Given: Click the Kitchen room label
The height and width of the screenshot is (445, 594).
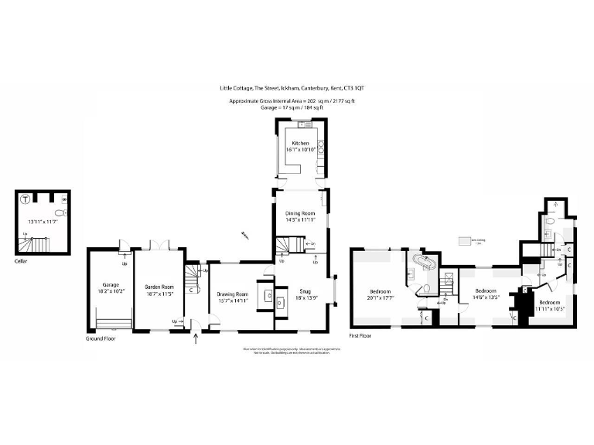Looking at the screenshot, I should coord(300,144).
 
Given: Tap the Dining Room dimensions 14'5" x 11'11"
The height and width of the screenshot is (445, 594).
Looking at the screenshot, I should coord(300,220).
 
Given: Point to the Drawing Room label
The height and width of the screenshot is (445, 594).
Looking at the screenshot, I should coord(233,294).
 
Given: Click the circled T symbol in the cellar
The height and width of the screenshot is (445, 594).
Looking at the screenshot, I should coord(26,198).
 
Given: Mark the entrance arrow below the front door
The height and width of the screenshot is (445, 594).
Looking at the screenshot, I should coord(196,338).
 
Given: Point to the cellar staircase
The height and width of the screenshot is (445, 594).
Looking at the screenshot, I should coord(36,244).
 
